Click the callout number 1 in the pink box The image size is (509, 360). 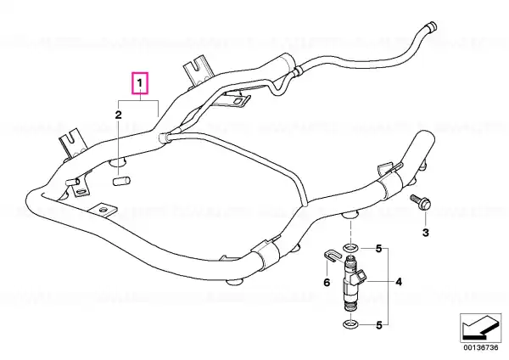140,83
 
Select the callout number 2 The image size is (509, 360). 119,115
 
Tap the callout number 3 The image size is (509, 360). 425,233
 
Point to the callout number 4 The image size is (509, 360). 399,282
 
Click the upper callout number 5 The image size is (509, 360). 379,249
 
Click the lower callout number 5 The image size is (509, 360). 379,325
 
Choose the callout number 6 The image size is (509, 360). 327,283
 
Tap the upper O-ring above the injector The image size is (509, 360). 350,249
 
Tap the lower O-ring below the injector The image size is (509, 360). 350,324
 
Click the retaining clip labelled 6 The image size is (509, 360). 332,256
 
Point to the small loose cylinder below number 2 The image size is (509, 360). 121,181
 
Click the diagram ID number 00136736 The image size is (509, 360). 481,347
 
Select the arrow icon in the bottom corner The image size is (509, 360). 481,327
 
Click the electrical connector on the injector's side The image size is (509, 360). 361,277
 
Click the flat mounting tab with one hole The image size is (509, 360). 103,210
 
